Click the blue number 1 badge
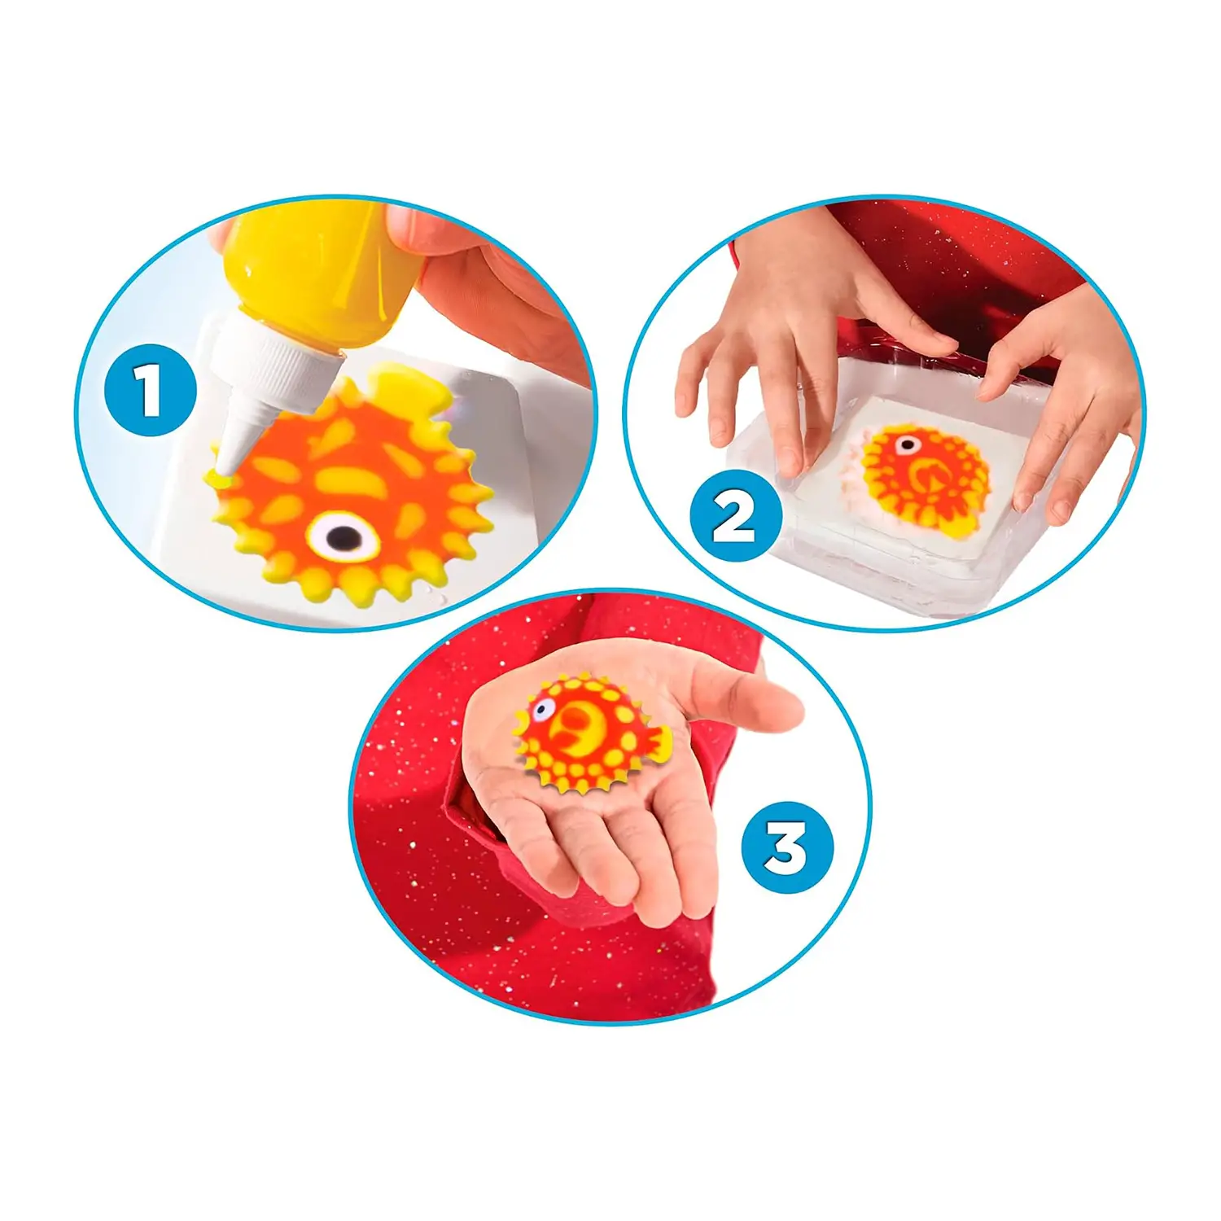coord(151,390)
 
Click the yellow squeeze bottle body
coord(322,269)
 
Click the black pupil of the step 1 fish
coord(344,536)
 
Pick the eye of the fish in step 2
coord(906,445)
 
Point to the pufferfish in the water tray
coord(924,476)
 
